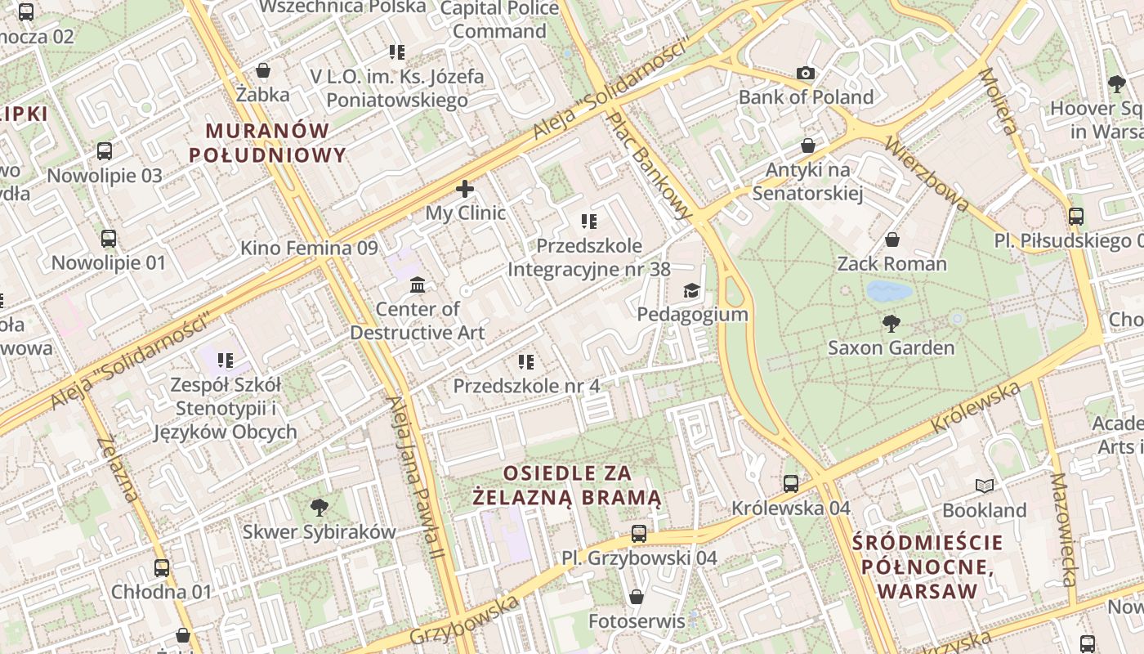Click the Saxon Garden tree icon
point(891,323)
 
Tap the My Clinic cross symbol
point(465,189)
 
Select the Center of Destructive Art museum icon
point(418,284)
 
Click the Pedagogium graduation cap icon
point(692,290)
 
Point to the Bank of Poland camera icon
point(806,73)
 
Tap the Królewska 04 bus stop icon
point(791,483)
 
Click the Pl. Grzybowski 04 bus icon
point(639,534)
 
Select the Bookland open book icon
point(985,486)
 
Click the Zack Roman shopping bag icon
point(892,240)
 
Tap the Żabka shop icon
point(263,70)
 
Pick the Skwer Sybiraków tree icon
point(320,508)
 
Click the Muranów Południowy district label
point(267,142)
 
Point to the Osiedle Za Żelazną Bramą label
point(567,485)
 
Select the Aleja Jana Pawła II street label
point(416,478)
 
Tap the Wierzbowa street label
point(927,173)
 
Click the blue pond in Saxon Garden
point(889,291)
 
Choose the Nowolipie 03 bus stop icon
point(105,151)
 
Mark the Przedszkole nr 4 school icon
point(526,361)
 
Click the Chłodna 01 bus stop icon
point(162,567)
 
